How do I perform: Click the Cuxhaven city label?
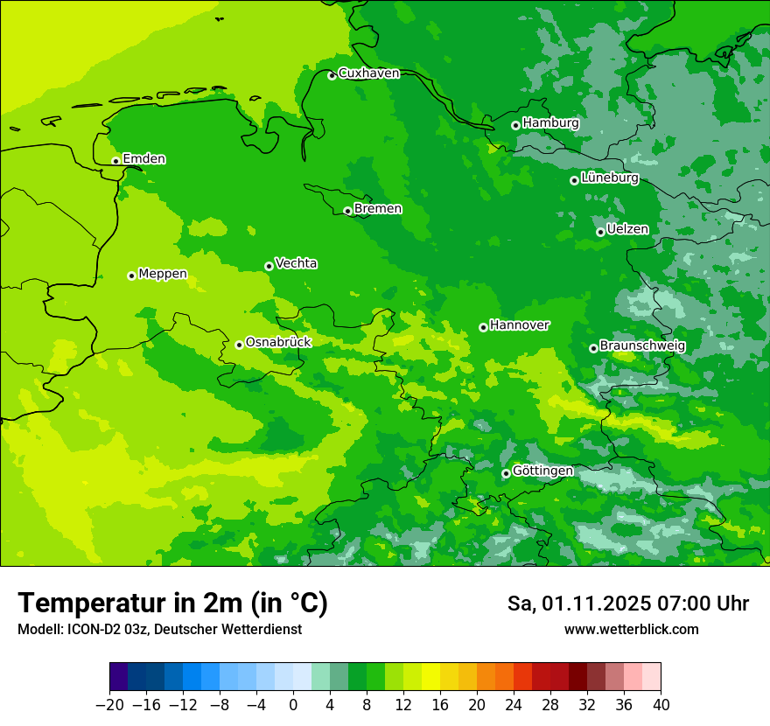click(368, 73)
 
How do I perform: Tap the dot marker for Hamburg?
click(516, 125)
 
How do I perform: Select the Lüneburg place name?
click(609, 178)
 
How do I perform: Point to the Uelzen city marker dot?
click(601, 232)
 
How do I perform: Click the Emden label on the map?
click(143, 158)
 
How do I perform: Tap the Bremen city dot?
click(347, 211)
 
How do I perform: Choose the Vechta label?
click(296, 263)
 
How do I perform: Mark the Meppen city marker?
click(132, 276)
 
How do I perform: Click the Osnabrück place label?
click(278, 342)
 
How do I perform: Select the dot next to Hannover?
click(483, 327)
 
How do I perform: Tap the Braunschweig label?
click(642, 346)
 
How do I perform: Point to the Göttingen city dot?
click(506, 473)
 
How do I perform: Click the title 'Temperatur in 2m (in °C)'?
click(172, 604)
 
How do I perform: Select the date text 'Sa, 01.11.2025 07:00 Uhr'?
click(627, 604)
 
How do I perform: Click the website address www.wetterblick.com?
click(631, 629)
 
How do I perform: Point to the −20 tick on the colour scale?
click(109, 705)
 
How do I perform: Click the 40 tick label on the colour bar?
click(661, 705)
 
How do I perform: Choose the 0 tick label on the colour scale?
click(293, 705)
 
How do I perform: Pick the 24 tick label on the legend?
click(514, 705)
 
